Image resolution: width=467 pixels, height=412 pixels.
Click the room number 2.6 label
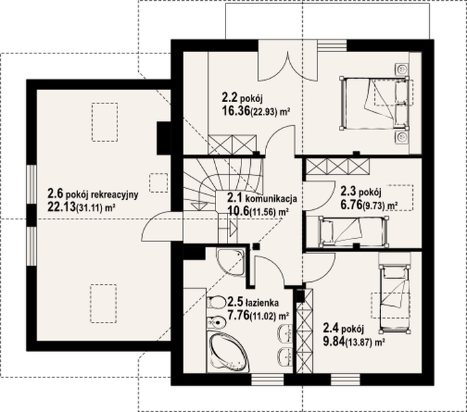click(55, 194)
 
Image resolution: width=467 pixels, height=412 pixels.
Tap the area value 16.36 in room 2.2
click(236, 111)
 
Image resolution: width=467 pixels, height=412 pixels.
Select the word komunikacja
click(271, 198)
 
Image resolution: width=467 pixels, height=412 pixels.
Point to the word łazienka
click(262, 303)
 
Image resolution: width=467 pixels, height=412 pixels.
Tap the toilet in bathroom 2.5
click(217, 303)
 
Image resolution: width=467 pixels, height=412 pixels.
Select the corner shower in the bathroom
click(231, 261)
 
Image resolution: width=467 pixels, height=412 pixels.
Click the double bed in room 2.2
click(374, 103)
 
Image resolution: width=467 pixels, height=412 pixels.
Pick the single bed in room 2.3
click(354, 231)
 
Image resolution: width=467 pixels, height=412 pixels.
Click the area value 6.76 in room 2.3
click(351, 205)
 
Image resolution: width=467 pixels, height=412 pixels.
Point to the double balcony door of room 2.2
click(288, 66)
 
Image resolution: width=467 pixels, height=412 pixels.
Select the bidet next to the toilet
click(217, 322)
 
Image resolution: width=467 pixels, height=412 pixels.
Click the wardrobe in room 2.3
click(338, 167)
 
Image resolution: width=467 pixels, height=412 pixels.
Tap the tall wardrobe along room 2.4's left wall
click(305, 331)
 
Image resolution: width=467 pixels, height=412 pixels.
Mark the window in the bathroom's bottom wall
click(268, 379)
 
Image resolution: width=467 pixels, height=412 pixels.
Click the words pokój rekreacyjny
click(102, 195)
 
